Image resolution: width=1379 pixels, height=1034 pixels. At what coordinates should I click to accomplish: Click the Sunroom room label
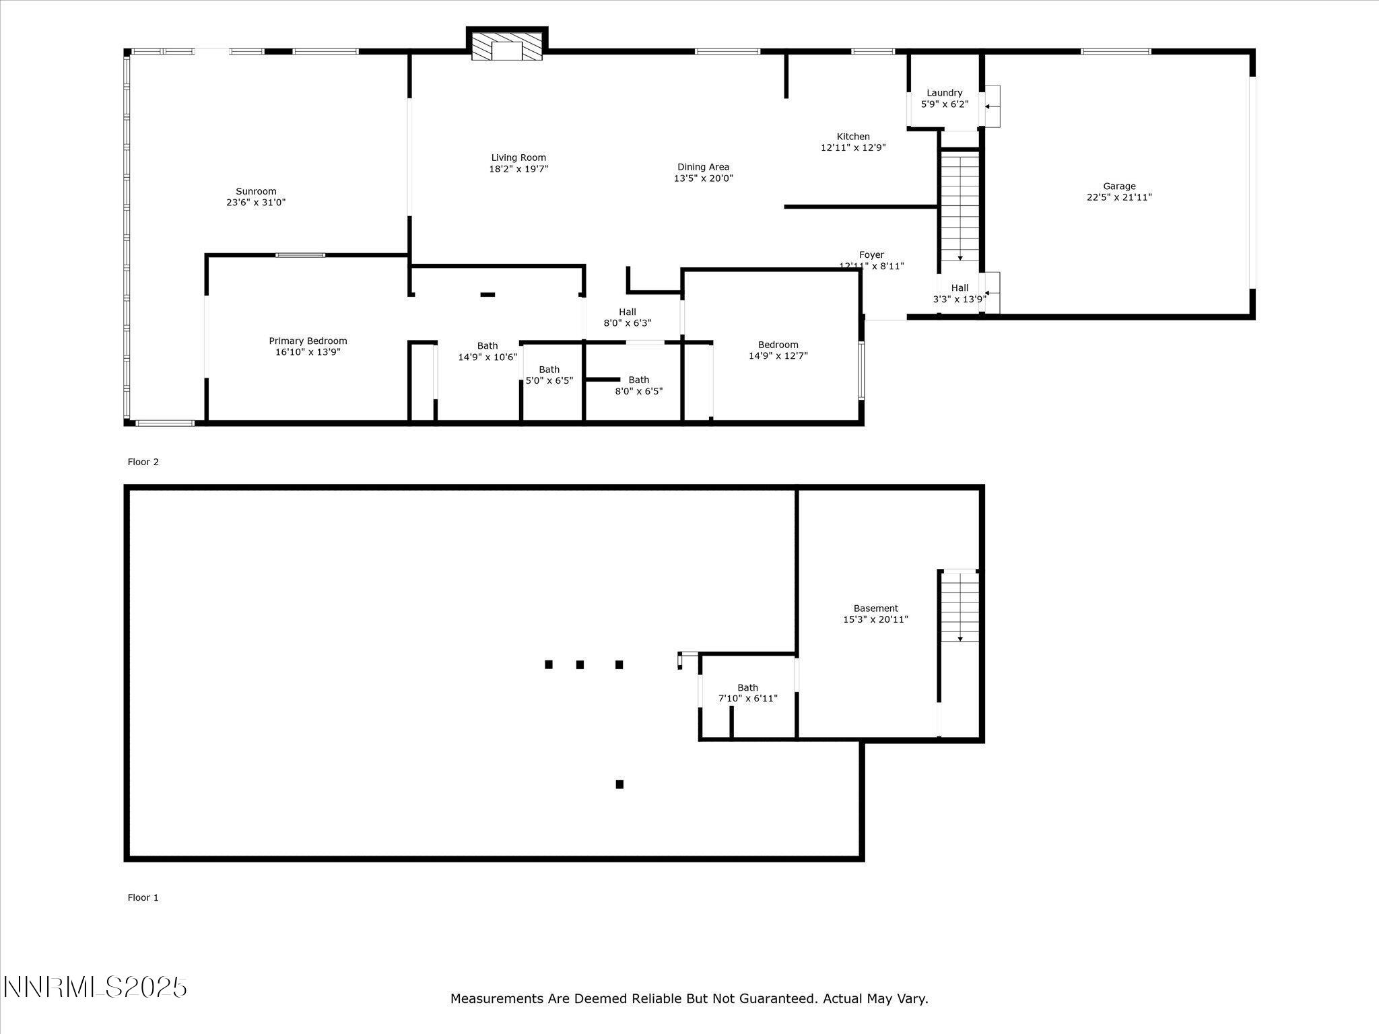click(256, 191)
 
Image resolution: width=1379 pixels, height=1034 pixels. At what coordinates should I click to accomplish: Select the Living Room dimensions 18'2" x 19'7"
click(518, 169)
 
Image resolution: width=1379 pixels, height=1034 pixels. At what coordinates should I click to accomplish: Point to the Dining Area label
click(703, 167)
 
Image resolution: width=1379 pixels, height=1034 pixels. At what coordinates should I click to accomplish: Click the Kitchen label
click(853, 137)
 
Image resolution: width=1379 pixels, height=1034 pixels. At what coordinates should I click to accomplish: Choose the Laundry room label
click(944, 93)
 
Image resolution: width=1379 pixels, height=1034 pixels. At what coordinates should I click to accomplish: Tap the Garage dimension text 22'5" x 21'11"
click(1119, 197)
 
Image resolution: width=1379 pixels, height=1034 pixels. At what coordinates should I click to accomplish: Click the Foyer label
click(871, 254)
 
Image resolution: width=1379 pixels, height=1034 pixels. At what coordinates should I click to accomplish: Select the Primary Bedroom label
click(308, 341)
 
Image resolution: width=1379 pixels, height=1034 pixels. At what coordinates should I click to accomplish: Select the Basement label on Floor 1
click(875, 609)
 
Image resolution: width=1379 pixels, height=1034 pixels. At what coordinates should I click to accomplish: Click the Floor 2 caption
click(143, 462)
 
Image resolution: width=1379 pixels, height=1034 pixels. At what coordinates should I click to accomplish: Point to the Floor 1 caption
click(143, 897)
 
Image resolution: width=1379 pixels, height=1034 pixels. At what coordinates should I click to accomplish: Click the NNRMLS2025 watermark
click(95, 988)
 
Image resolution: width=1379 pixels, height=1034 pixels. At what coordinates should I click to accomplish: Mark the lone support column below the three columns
click(619, 784)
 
